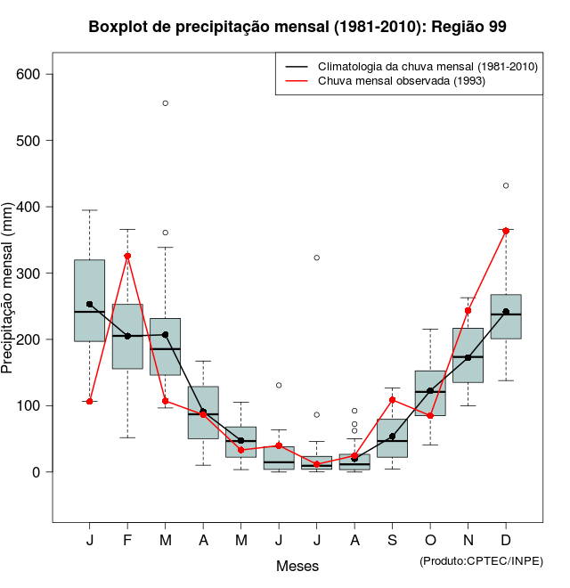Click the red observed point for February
[x=127, y=257]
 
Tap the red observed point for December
[x=506, y=231]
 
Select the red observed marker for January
[x=90, y=402]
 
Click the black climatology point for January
[x=90, y=305]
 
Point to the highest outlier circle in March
[x=166, y=103]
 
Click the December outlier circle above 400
[x=506, y=185]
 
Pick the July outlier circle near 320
[x=317, y=257]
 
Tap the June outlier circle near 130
[x=279, y=386]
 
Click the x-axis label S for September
[x=392, y=541]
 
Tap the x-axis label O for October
[x=430, y=541]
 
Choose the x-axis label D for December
[x=506, y=541]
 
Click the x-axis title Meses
[x=297, y=566]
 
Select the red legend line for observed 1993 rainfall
[x=297, y=81]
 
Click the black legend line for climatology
[x=297, y=67]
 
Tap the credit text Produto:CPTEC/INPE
[x=481, y=560]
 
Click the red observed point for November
[x=468, y=311]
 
